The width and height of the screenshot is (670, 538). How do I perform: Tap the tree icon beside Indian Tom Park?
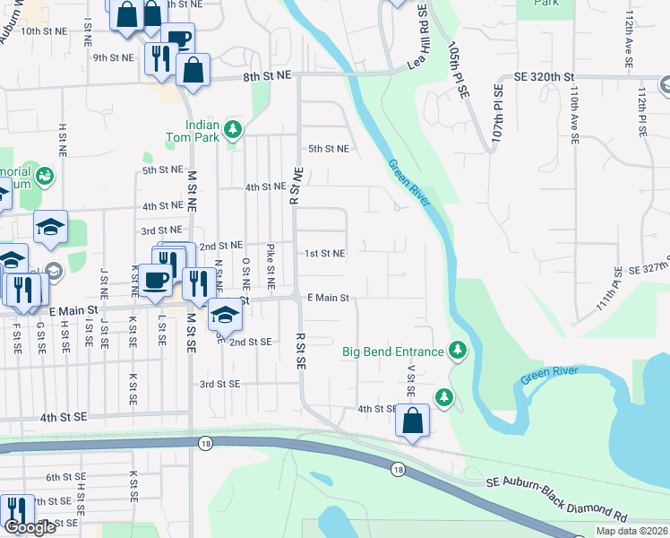click(x=233, y=130)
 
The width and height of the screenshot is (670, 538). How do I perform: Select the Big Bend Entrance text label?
click(x=392, y=351)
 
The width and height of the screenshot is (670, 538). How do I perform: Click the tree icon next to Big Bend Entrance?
click(x=458, y=350)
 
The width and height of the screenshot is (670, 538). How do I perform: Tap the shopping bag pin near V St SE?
click(x=411, y=421)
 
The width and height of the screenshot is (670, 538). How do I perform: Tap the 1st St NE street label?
click(x=324, y=254)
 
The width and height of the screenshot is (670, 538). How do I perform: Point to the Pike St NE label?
click(x=271, y=260)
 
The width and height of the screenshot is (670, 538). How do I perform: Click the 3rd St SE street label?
click(x=220, y=384)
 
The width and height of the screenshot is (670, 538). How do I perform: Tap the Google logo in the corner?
click(x=30, y=527)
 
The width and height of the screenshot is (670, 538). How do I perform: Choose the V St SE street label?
click(x=411, y=378)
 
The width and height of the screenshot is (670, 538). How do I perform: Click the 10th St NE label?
click(x=44, y=30)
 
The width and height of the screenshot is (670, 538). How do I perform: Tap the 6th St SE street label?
click(x=65, y=478)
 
